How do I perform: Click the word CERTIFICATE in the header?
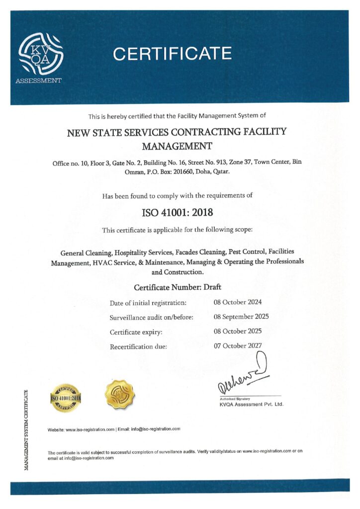point(172,54)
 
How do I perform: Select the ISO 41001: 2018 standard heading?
point(178,213)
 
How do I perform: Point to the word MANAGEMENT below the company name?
point(178,146)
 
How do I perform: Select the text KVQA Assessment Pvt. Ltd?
point(251,404)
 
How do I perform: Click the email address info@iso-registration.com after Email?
point(156,428)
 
